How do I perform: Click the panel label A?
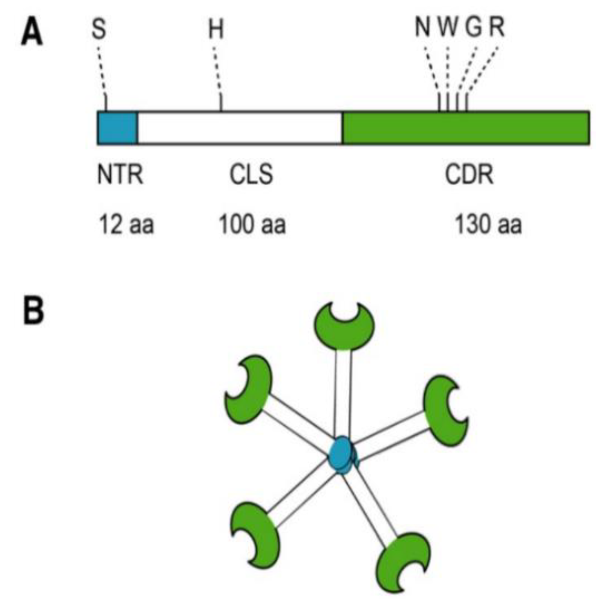click(32, 33)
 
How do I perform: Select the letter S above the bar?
click(99, 29)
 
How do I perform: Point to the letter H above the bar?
click(216, 29)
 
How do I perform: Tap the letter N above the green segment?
click(423, 28)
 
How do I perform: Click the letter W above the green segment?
click(449, 28)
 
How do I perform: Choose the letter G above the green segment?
click(474, 28)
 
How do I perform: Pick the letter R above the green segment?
click(497, 28)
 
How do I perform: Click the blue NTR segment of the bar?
click(118, 128)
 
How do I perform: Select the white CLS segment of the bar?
click(240, 128)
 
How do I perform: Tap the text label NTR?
click(120, 175)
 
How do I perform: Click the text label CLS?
click(251, 175)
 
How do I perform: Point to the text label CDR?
click(469, 175)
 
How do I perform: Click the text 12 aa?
click(126, 225)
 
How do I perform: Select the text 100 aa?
click(252, 225)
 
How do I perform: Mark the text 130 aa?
click(488, 225)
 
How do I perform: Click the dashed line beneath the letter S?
click(102, 69)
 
